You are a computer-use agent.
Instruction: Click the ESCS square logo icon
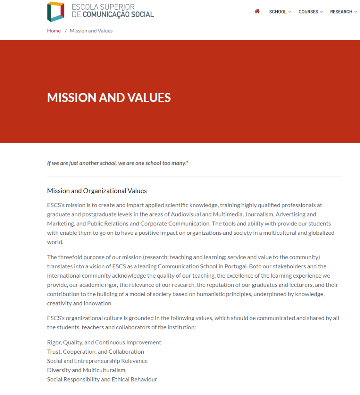[x=56, y=12]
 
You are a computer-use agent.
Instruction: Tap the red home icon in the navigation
[x=257, y=12]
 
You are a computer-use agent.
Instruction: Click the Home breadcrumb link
[x=54, y=31]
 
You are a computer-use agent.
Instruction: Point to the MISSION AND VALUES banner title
[x=109, y=97]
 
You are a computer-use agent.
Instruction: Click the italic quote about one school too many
[x=117, y=163]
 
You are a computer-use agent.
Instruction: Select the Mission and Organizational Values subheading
[x=97, y=191]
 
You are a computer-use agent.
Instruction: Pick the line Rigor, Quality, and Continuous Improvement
[x=104, y=342]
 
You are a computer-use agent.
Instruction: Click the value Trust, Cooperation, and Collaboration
[x=95, y=352]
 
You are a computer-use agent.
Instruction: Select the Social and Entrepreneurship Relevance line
[x=97, y=361]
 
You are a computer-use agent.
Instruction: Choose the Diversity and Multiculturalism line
[x=86, y=370]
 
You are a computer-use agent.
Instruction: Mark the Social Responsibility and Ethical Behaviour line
[x=102, y=380]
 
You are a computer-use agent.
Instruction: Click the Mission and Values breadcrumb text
[x=91, y=31]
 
